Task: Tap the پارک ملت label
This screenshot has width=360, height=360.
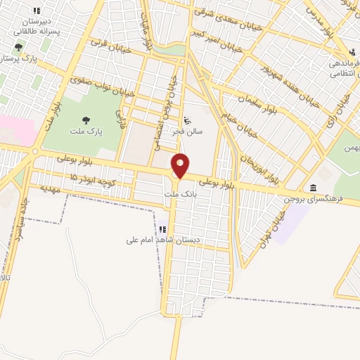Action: click(x=86, y=131)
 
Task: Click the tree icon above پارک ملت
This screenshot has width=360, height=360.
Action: click(x=86, y=120)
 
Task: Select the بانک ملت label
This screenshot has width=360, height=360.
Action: click(x=176, y=193)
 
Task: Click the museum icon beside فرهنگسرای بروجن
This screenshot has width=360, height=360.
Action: click(x=311, y=187)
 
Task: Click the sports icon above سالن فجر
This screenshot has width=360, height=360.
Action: click(x=186, y=120)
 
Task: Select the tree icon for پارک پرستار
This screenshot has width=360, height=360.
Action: click(x=18, y=49)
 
